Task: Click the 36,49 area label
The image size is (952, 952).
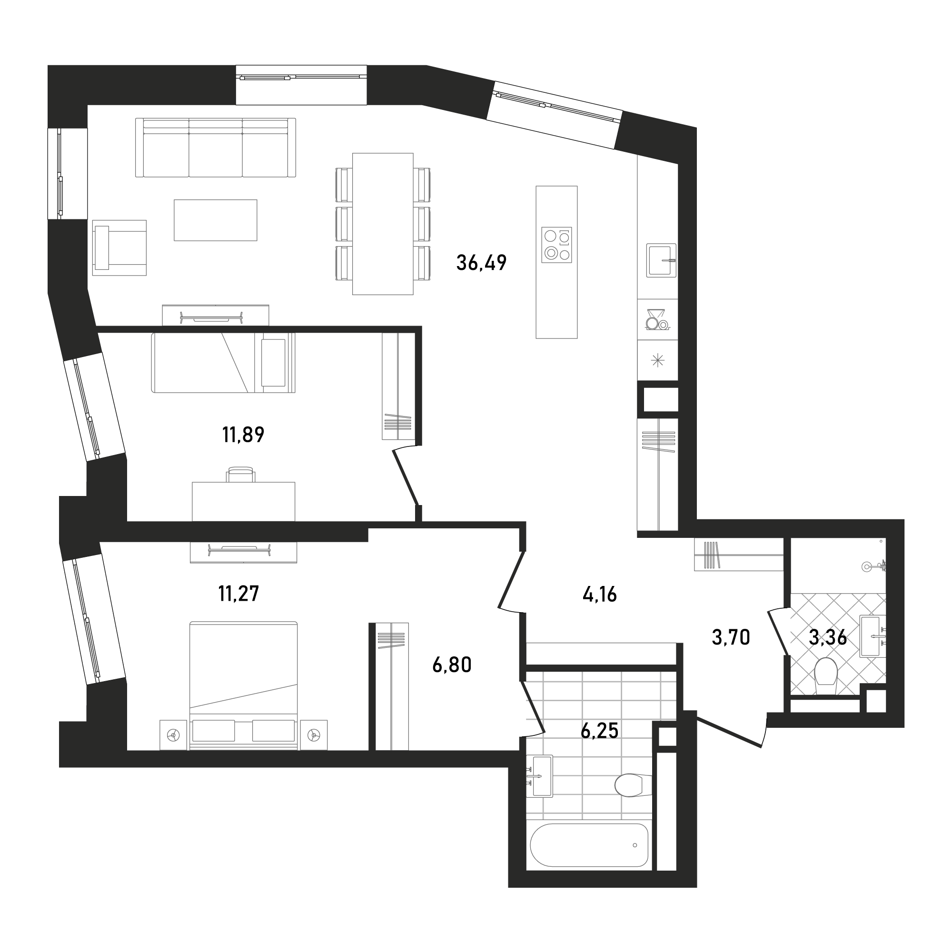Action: [481, 263]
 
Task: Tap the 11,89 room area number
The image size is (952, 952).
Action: [243, 435]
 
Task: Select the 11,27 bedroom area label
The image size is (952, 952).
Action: [238, 593]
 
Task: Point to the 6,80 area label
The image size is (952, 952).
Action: [452, 665]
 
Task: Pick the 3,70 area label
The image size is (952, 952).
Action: [731, 638]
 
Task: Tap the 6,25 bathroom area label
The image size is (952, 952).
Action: [600, 731]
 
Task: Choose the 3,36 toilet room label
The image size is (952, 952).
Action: [828, 638]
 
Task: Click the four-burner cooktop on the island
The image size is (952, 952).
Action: [556, 244]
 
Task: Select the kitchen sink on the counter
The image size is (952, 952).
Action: [661, 260]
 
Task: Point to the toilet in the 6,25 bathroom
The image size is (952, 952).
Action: [634, 784]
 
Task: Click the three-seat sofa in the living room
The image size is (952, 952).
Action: [215, 148]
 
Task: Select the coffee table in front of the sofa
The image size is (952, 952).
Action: [215, 220]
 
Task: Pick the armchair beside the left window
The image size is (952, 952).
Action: [119, 248]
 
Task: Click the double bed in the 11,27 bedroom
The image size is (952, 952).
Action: [243, 685]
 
